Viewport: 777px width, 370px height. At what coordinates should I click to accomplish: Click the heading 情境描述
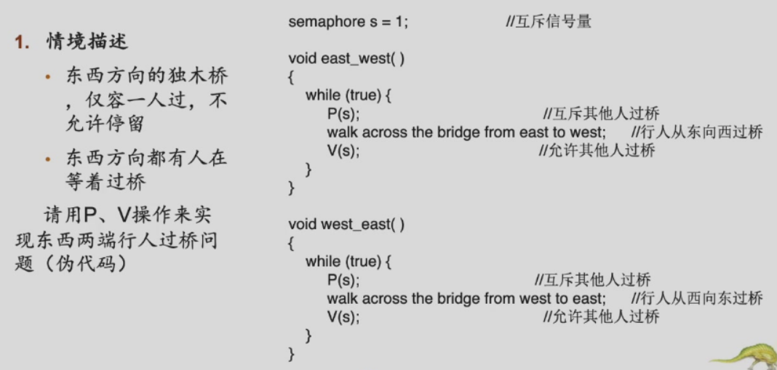[x=87, y=41]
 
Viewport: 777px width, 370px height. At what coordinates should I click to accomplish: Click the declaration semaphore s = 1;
[x=348, y=21]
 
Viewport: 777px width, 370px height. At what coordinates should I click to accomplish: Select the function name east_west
[x=356, y=59]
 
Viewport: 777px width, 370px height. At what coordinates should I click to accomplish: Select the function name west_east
[x=356, y=225]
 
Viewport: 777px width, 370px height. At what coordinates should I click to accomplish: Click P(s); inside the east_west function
[x=343, y=113]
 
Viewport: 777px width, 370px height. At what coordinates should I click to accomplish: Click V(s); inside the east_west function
[x=343, y=151]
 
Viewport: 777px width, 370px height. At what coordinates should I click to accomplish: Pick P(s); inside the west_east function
[x=343, y=280]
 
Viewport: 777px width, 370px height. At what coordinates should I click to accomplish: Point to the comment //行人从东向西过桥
[x=696, y=132]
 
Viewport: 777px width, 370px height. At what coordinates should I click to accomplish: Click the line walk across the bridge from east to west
[x=466, y=132]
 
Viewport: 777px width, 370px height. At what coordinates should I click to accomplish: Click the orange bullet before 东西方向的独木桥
[x=49, y=77]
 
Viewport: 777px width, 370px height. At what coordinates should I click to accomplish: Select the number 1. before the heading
[x=22, y=41]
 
